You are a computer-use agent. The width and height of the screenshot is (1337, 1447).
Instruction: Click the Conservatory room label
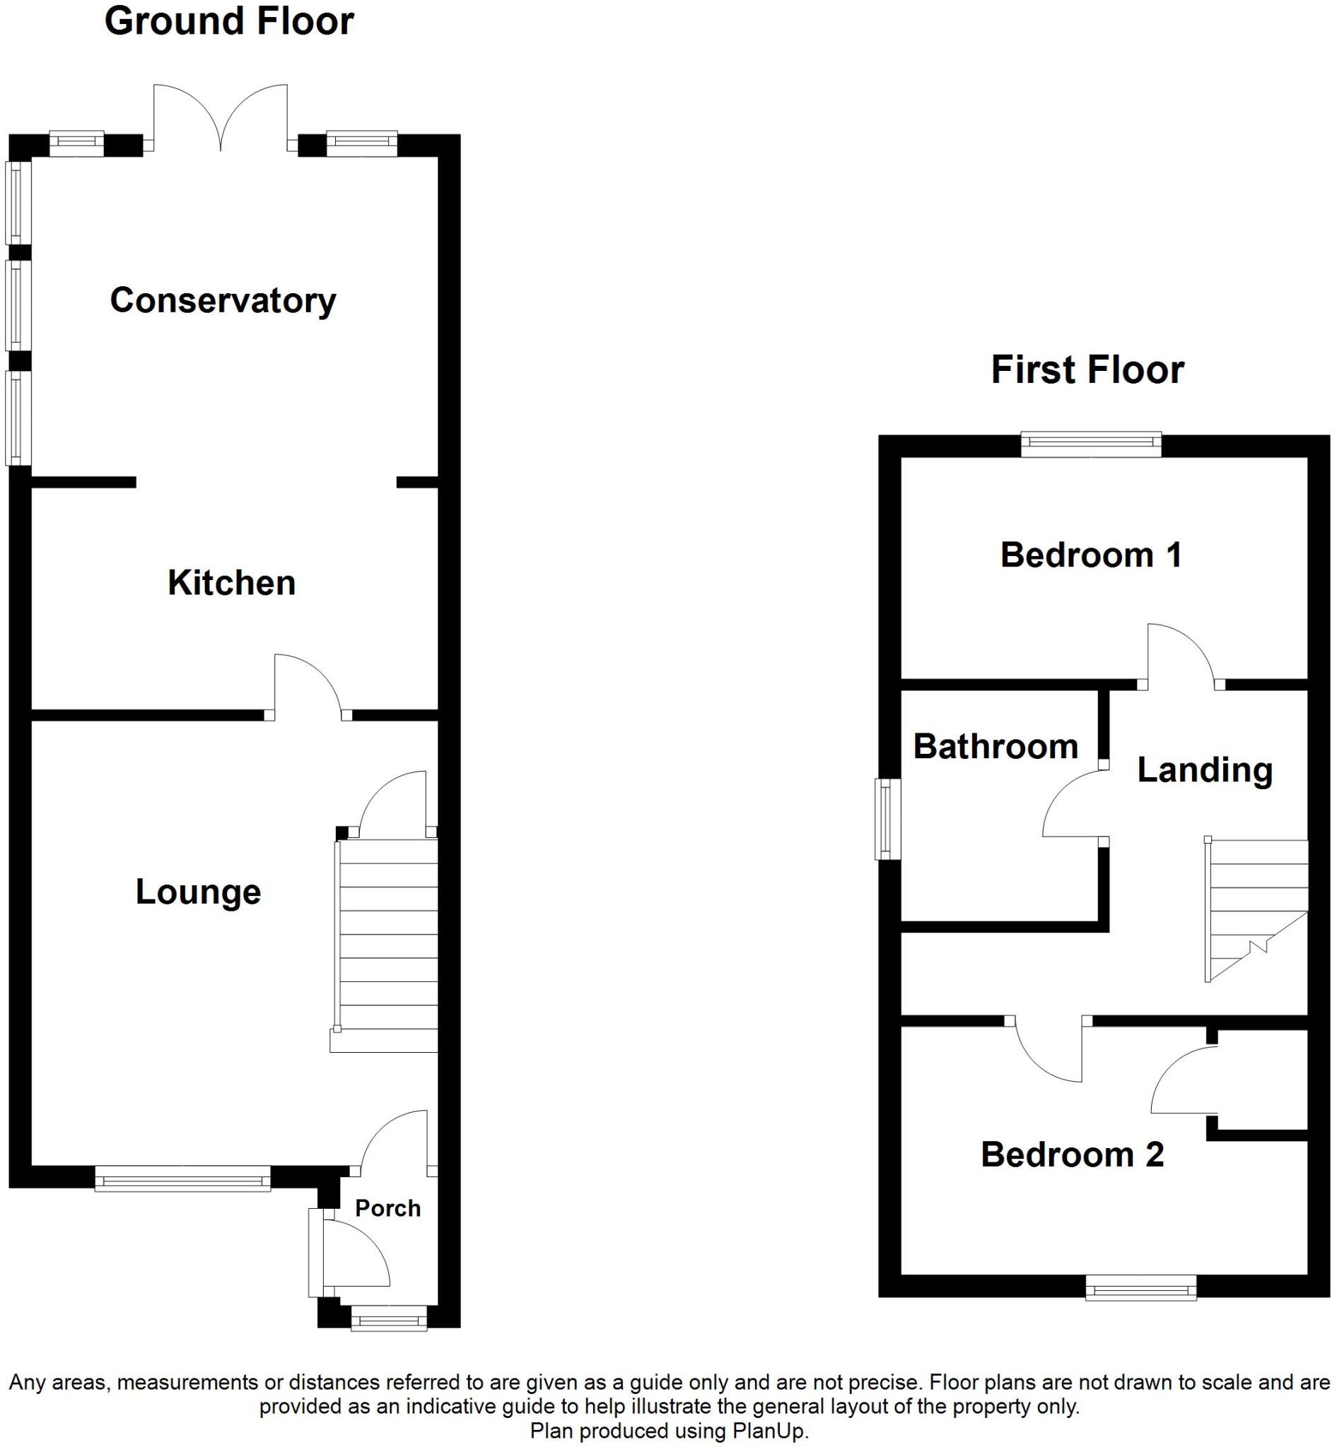click(223, 300)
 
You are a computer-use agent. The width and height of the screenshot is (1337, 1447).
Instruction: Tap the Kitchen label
click(231, 583)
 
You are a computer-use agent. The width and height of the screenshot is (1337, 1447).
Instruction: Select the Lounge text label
click(197, 892)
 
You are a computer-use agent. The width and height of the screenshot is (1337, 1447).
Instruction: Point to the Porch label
click(387, 1208)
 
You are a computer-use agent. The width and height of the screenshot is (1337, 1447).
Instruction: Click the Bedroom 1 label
click(1091, 555)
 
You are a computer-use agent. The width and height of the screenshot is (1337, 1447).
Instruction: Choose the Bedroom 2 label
click(1072, 1154)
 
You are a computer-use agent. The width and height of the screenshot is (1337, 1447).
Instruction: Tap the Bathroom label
click(996, 746)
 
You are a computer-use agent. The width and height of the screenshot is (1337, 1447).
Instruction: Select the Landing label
click(1205, 769)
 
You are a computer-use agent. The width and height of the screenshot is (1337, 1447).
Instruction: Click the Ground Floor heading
click(228, 21)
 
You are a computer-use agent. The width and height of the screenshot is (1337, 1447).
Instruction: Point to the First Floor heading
click(1087, 370)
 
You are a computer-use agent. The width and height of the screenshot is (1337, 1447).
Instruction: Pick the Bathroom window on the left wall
click(887, 819)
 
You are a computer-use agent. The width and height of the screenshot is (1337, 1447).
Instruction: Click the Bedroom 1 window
click(1091, 444)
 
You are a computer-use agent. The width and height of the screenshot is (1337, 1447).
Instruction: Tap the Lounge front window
click(182, 1179)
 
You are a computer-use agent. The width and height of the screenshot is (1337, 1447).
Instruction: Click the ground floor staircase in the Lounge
click(387, 940)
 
